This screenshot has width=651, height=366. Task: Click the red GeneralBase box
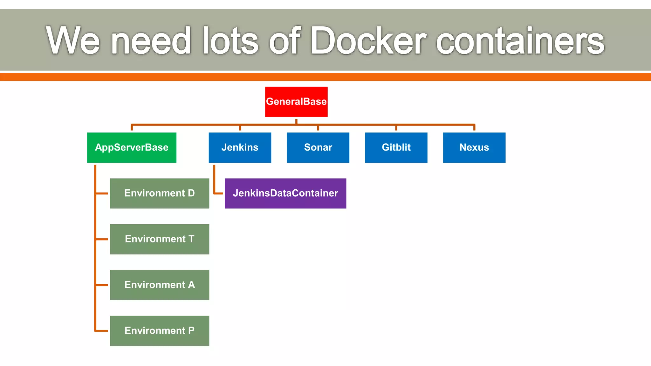(296, 102)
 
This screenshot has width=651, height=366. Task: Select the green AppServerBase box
(132, 147)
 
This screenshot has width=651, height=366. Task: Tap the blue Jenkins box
(240, 147)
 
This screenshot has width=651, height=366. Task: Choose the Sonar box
(318, 147)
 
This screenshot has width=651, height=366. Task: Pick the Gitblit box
(396, 147)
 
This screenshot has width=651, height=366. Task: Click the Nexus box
(474, 147)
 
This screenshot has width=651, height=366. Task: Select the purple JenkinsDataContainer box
(285, 193)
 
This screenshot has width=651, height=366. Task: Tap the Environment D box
(159, 193)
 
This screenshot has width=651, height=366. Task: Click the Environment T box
(159, 239)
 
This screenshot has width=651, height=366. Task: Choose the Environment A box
(159, 285)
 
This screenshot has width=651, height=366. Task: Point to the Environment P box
(159, 330)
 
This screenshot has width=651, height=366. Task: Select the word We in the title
(73, 41)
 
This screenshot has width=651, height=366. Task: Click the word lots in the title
(230, 41)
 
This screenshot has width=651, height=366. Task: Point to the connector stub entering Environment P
(102, 331)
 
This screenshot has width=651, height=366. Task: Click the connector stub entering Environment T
(102, 239)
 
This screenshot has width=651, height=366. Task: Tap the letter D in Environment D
(191, 193)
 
